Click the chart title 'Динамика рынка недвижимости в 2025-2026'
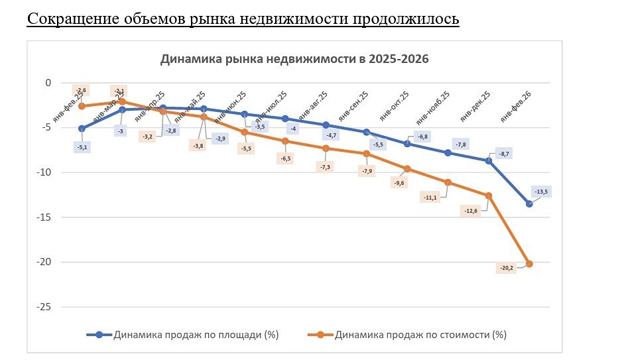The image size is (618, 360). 294,59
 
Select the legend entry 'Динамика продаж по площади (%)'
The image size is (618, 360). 182,335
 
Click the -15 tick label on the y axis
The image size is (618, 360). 44,217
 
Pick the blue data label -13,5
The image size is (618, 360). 541,192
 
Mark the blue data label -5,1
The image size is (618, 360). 82,147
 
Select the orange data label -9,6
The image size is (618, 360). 399,183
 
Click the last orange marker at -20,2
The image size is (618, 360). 529,264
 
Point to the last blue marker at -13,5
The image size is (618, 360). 529,204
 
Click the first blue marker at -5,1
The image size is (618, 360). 82,129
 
